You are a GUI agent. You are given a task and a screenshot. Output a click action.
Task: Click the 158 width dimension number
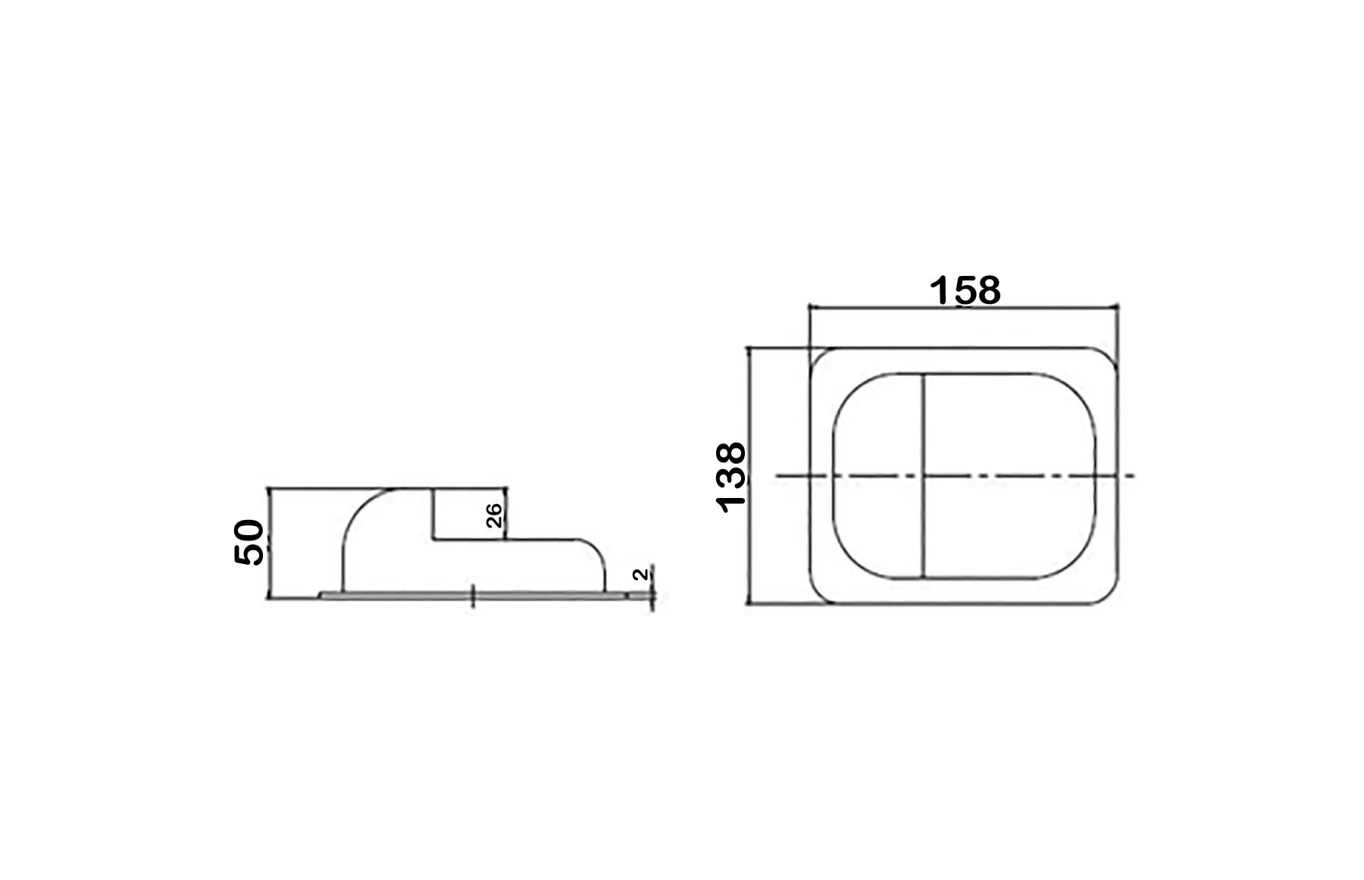[x=965, y=290]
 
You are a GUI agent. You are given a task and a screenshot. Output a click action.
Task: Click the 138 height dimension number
[x=731, y=478]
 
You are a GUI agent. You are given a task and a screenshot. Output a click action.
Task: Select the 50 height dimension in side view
[x=249, y=542]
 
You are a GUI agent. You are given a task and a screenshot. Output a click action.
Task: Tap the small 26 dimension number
[x=493, y=515]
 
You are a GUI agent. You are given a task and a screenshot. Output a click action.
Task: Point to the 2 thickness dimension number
[x=641, y=575]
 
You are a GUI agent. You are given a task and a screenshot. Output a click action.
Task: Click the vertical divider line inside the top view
[x=923, y=424]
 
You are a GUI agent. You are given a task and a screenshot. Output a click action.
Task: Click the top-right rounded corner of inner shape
[x=1080, y=390]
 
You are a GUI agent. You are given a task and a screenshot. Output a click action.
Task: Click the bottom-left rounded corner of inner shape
[x=847, y=562]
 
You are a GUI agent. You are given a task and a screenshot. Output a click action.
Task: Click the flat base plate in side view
[x=394, y=596]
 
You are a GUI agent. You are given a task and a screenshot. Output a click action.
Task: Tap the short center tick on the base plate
[x=474, y=596]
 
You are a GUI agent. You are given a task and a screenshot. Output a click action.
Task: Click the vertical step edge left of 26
[x=433, y=514]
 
